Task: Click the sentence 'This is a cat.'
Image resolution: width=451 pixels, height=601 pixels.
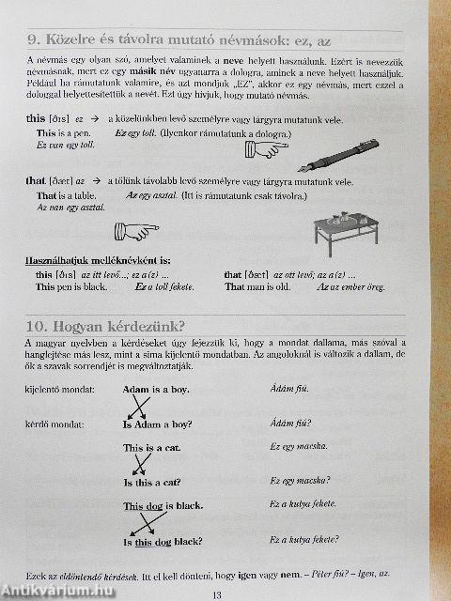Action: coord(153,448)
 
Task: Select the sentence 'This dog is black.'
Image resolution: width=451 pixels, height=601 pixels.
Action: coord(163,506)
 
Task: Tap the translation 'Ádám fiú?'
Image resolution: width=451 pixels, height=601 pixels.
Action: coord(290,424)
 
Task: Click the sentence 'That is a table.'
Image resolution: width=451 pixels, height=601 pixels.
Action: coord(70,195)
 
